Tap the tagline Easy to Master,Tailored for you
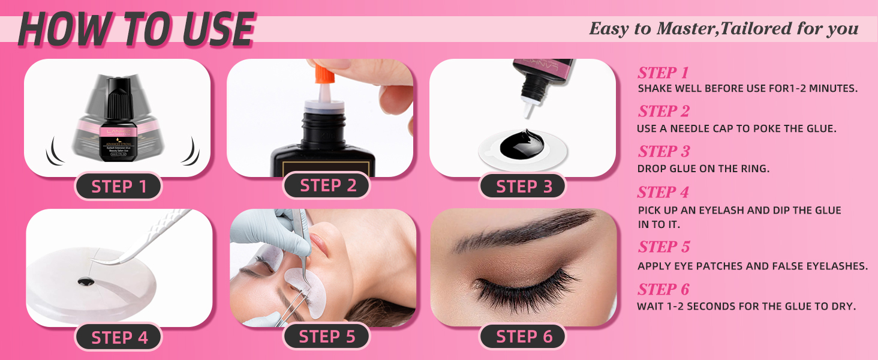(x=723, y=29)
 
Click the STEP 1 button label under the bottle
(x=119, y=187)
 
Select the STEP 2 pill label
(x=327, y=185)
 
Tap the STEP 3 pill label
(x=524, y=187)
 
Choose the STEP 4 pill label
(x=119, y=337)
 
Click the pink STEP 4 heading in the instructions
(x=663, y=193)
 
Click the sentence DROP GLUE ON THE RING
(x=703, y=169)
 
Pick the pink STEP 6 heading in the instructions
(x=663, y=290)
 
